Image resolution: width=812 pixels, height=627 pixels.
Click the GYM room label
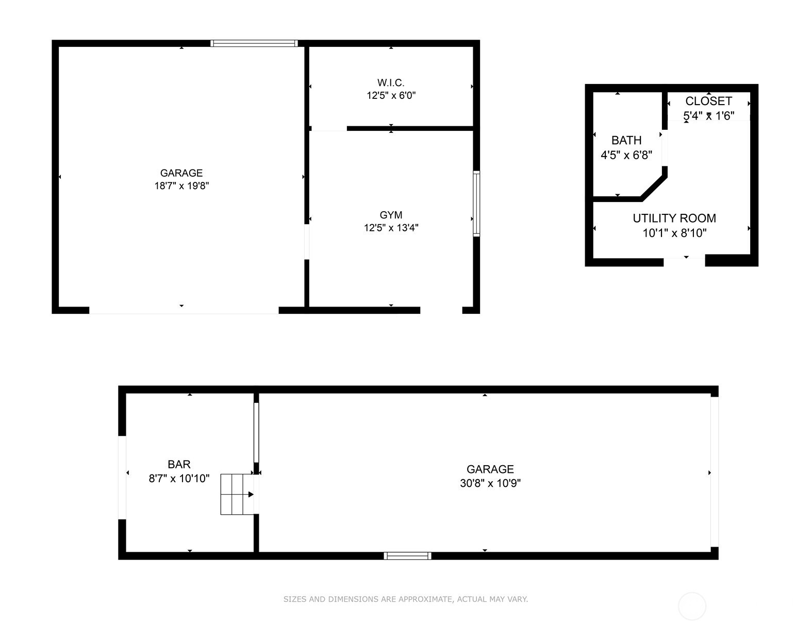click(391, 215)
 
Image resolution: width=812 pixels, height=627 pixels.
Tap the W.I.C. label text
click(390, 82)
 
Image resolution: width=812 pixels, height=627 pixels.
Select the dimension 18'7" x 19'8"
click(181, 185)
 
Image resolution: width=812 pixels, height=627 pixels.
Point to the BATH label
click(626, 141)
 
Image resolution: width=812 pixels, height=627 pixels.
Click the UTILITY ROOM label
click(674, 218)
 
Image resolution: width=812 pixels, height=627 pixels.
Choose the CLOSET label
click(708, 101)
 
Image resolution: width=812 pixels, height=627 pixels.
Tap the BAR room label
click(179, 464)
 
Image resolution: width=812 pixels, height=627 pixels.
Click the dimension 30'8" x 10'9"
click(490, 483)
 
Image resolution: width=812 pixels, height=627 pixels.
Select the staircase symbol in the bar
click(237, 495)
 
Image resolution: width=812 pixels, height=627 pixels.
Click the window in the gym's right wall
click(476, 204)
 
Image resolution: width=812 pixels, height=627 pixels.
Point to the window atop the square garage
click(254, 43)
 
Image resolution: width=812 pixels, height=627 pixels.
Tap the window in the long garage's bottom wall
click(408, 556)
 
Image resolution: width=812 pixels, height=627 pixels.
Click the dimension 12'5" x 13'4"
click(391, 228)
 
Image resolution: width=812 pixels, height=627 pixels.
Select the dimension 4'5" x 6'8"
click(626, 155)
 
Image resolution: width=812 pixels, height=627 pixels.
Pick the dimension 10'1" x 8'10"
click(674, 233)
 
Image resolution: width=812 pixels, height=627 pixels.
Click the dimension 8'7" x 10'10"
click(179, 479)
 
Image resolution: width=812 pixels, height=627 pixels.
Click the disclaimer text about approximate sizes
click(405, 599)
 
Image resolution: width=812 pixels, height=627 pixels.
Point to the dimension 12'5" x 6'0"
click(391, 96)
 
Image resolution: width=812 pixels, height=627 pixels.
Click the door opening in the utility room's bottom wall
click(684, 261)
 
